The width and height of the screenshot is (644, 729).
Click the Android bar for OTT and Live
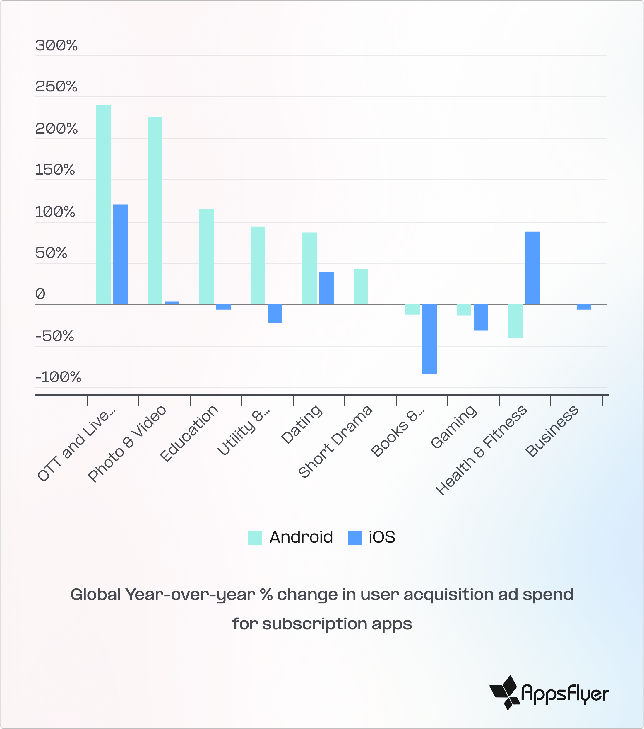[x=103, y=204]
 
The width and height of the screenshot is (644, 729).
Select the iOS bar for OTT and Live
[x=120, y=254]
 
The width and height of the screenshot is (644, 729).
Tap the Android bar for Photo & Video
[x=155, y=210]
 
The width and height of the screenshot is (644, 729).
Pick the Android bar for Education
[x=206, y=256]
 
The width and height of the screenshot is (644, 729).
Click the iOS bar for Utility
[x=275, y=313]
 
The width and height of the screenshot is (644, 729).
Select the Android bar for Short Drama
[x=361, y=286]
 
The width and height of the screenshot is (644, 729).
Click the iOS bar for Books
[x=429, y=339]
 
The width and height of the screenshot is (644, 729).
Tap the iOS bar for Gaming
[x=481, y=317]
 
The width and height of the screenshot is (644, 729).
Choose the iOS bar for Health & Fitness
[x=532, y=268]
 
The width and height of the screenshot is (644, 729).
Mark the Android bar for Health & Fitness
[x=515, y=321]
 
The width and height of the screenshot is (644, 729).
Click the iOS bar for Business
[x=584, y=307]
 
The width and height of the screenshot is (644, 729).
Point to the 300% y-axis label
[x=56, y=46]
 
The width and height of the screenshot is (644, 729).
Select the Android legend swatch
[x=255, y=537]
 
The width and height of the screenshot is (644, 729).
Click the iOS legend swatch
[x=354, y=537]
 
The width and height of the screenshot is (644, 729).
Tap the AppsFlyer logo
[x=549, y=693]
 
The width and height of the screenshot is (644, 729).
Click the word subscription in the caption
[x=314, y=624]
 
